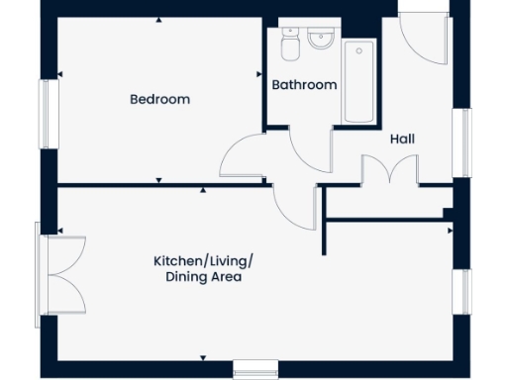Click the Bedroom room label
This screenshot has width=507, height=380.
pyautogui.click(x=159, y=100)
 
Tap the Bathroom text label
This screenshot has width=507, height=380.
pyautogui.click(x=304, y=85)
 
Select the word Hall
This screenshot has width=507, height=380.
pyautogui.click(x=401, y=140)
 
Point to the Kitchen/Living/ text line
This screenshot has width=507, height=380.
pyautogui.click(x=203, y=260)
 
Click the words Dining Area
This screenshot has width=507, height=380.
pyautogui.click(x=203, y=277)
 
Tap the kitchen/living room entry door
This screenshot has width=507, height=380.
pyautogui.click(x=294, y=204)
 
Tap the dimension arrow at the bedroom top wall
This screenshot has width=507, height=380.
pyautogui.click(x=159, y=20)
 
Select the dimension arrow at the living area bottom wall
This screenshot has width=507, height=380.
pyautogui.click(x=203, y=357)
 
